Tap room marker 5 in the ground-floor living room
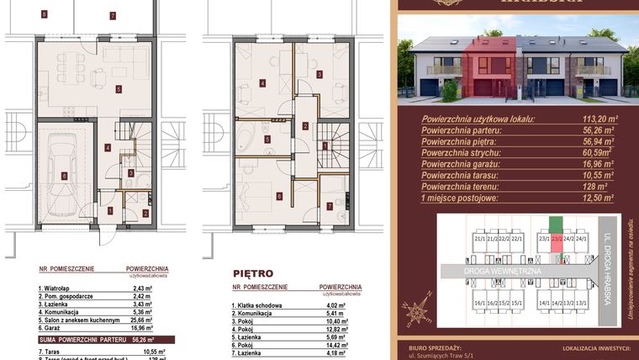pos(119,88)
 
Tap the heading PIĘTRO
pos(252,273)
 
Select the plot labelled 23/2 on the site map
pos(555,239)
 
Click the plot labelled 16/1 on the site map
pos(479,303)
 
